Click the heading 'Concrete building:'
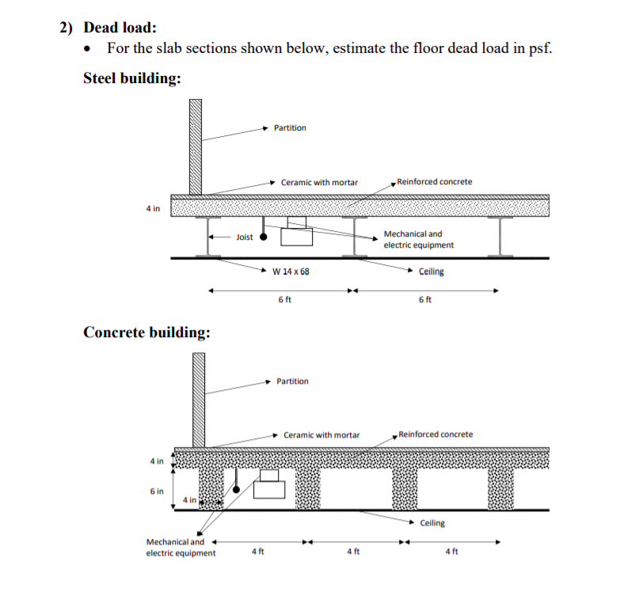pos(146,332)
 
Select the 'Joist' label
pos(245,237)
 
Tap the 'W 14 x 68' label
pos(291,271)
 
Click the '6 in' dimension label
pos(157,491)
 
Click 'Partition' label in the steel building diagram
pos(290,128)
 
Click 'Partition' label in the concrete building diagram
pos(293,381)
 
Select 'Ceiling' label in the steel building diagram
pos(432,271)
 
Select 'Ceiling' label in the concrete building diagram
pos(432,523)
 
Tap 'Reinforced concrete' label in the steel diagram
pos(435,182)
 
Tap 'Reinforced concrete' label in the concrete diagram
pos(436,434)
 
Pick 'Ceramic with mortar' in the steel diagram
pos(319,183)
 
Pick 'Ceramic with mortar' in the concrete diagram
pos(321,435)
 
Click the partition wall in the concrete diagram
pos(198,400)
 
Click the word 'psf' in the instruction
pos(538,48)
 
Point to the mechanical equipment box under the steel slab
pos(296,236)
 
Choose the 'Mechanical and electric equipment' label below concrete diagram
pos(181,548)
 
